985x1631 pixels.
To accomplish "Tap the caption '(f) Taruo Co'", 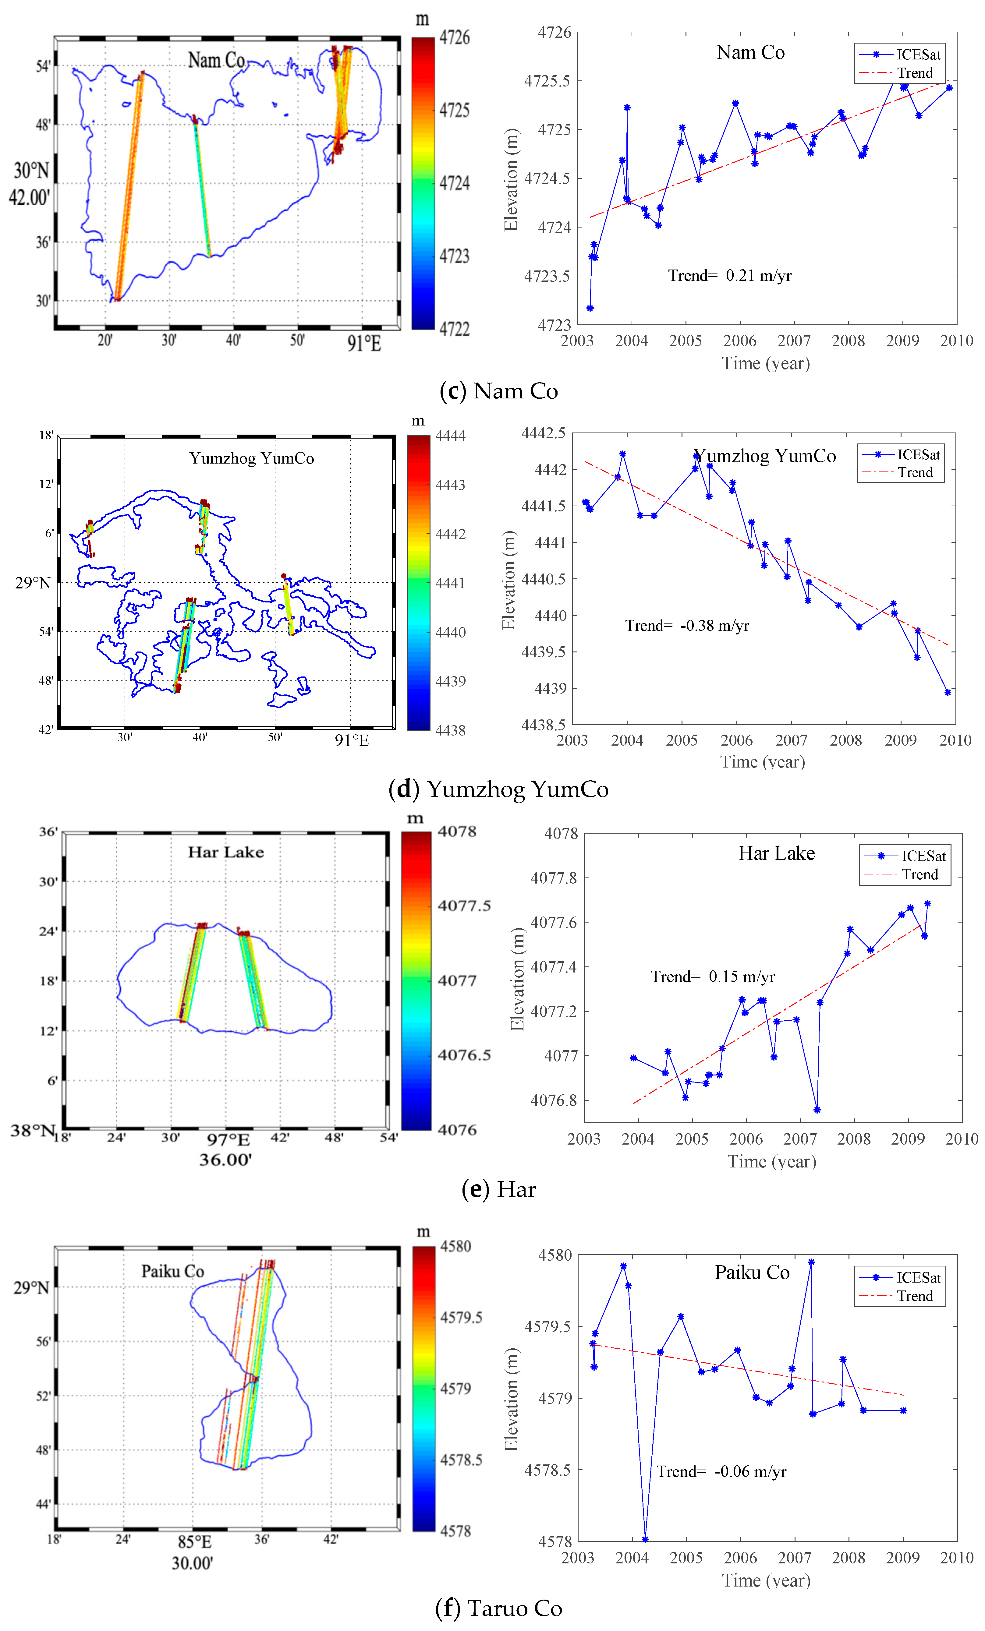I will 498,1608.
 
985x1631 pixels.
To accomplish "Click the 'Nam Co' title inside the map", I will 216,61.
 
